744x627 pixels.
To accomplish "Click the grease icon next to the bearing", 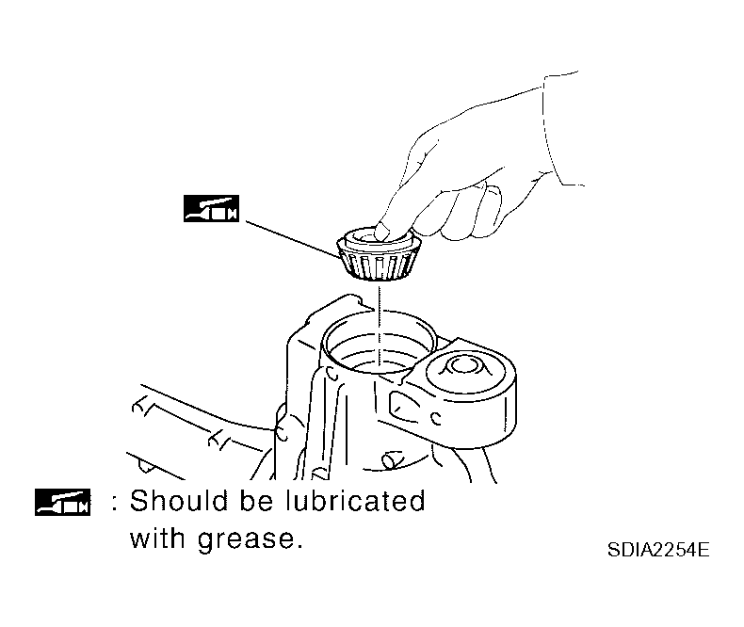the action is pyautogui.click(x=211, y=208).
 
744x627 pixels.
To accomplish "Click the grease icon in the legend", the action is pyautogui.click(x=63, y=502).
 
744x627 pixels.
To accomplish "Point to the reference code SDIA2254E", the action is pyautogui.click(x=658, y=550).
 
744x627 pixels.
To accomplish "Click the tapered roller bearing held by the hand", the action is pyautogui.click(x=380, y=254).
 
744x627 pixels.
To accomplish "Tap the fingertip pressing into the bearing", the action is pyautogui.click(x=383, y=231).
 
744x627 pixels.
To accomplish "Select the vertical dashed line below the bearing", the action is pyautogui.click(x=380, y=328).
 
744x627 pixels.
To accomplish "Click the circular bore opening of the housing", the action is pyautogui.click(x=379, y=341).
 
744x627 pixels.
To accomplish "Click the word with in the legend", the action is pyautogui.click(x=156, y=539).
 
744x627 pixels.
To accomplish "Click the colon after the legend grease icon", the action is pyautogui.click(x=114, y=503).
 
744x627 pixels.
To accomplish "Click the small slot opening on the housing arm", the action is pyautogui.click(x=404, y=408).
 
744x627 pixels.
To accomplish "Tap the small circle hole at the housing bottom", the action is pyautogui.click(x=391, y=459).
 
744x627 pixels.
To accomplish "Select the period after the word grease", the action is pyautogui.click(x=299, y=547).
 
